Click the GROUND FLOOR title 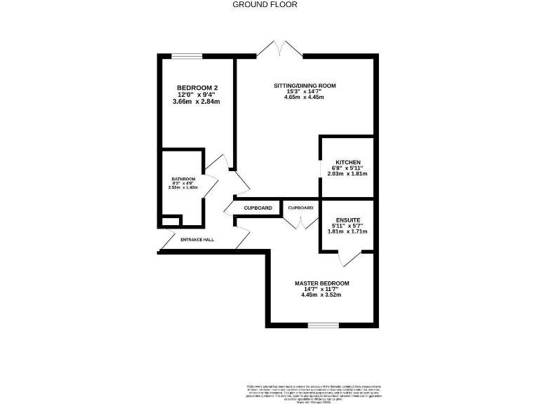tap(265, 4)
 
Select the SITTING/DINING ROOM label tap(305, 86)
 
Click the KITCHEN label tap(348, 161)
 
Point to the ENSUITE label tap(349, 219)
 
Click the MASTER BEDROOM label tap(321, 283)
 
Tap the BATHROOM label tap(182, 180)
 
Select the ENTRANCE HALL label tap(197, 240)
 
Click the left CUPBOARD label tap(258, 208)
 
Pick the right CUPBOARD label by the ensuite tap(300, 208)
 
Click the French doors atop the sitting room tap(280, 48)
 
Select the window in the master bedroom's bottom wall tap(324, 325)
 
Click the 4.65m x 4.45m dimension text tap(304, 97)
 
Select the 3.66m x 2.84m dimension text tap(196, 102)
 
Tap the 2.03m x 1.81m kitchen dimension tap(347, 174)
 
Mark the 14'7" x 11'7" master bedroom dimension tap(321, 289)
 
